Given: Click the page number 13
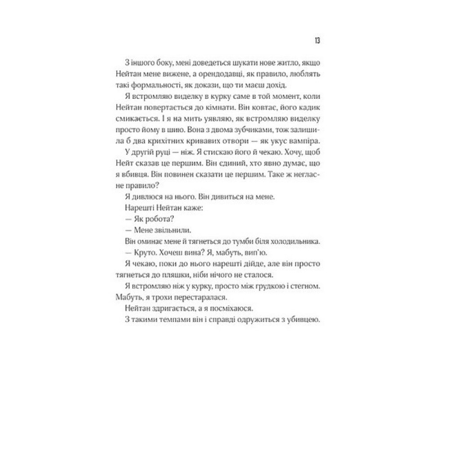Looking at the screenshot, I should click(317, 41).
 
